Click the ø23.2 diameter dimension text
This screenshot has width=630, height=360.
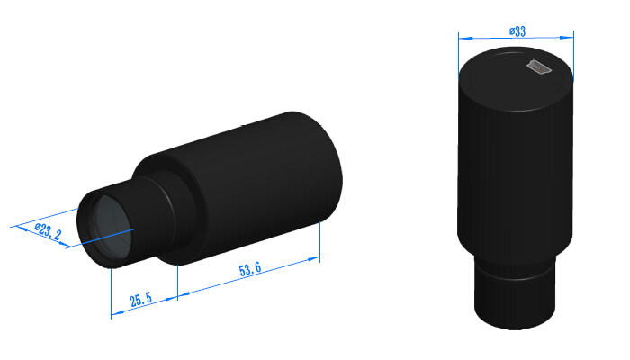(x=48, y=231)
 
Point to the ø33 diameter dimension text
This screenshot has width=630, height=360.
(x=517, y=31)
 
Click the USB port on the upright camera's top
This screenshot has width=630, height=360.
(x=538, y=67)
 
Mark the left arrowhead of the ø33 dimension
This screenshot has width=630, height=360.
(x=462, y=37)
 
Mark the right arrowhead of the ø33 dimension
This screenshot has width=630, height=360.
(x=569, y=37)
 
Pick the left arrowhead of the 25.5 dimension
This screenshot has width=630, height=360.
(x=114, y=314)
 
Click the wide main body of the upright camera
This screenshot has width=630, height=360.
(x=515, y=171)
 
